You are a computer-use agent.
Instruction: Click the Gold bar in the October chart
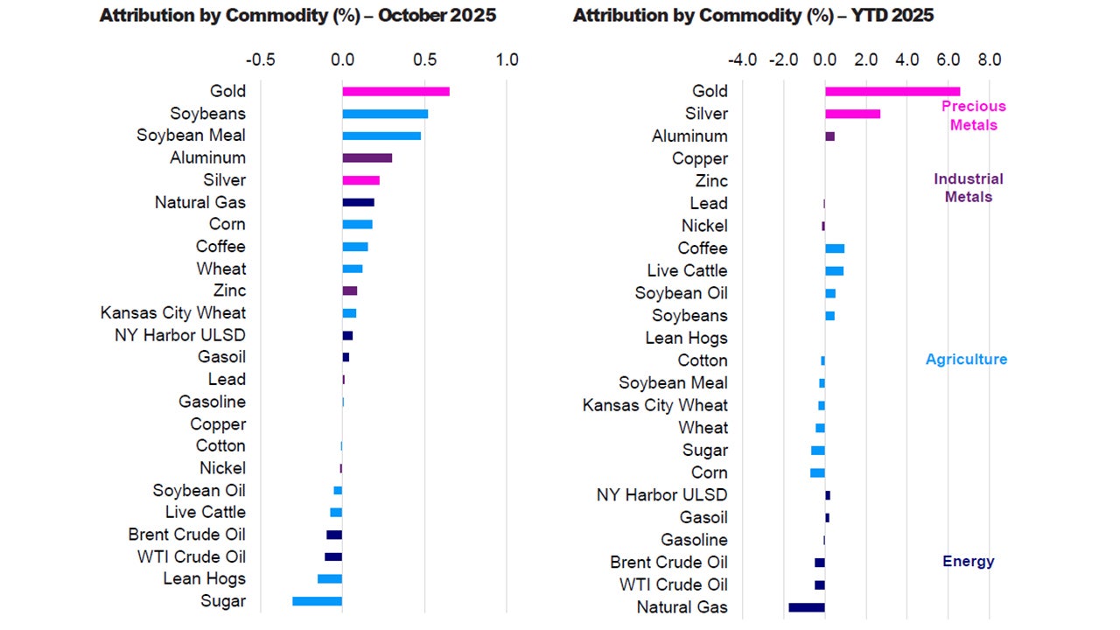point(395,91)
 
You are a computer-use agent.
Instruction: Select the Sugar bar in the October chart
point(317,601)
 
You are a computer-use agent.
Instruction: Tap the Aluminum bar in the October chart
point(367,157)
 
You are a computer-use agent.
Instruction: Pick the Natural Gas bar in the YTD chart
point(807,607)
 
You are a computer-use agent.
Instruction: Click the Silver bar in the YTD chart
point(852,114)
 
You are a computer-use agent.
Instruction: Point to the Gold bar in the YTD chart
point(892,91)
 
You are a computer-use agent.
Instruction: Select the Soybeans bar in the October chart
point(385,114)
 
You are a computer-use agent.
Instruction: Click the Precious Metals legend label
point(973,115)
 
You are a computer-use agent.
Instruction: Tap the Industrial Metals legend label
point(968,188)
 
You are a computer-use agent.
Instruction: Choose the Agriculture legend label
point(966,360)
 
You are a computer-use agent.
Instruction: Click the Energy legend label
point(968,562)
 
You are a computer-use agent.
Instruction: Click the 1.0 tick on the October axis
point(507,60)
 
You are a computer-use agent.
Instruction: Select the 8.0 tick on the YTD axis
point(989,60)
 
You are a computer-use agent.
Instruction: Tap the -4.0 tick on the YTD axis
point(742,60)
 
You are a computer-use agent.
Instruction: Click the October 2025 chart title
point(297,16)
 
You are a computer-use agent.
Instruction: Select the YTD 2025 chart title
point(752,16)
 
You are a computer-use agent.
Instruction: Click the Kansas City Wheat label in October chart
point(173,312)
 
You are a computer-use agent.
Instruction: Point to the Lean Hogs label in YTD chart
point(686,338)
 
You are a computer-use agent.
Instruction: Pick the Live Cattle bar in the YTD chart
point(834,270)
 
